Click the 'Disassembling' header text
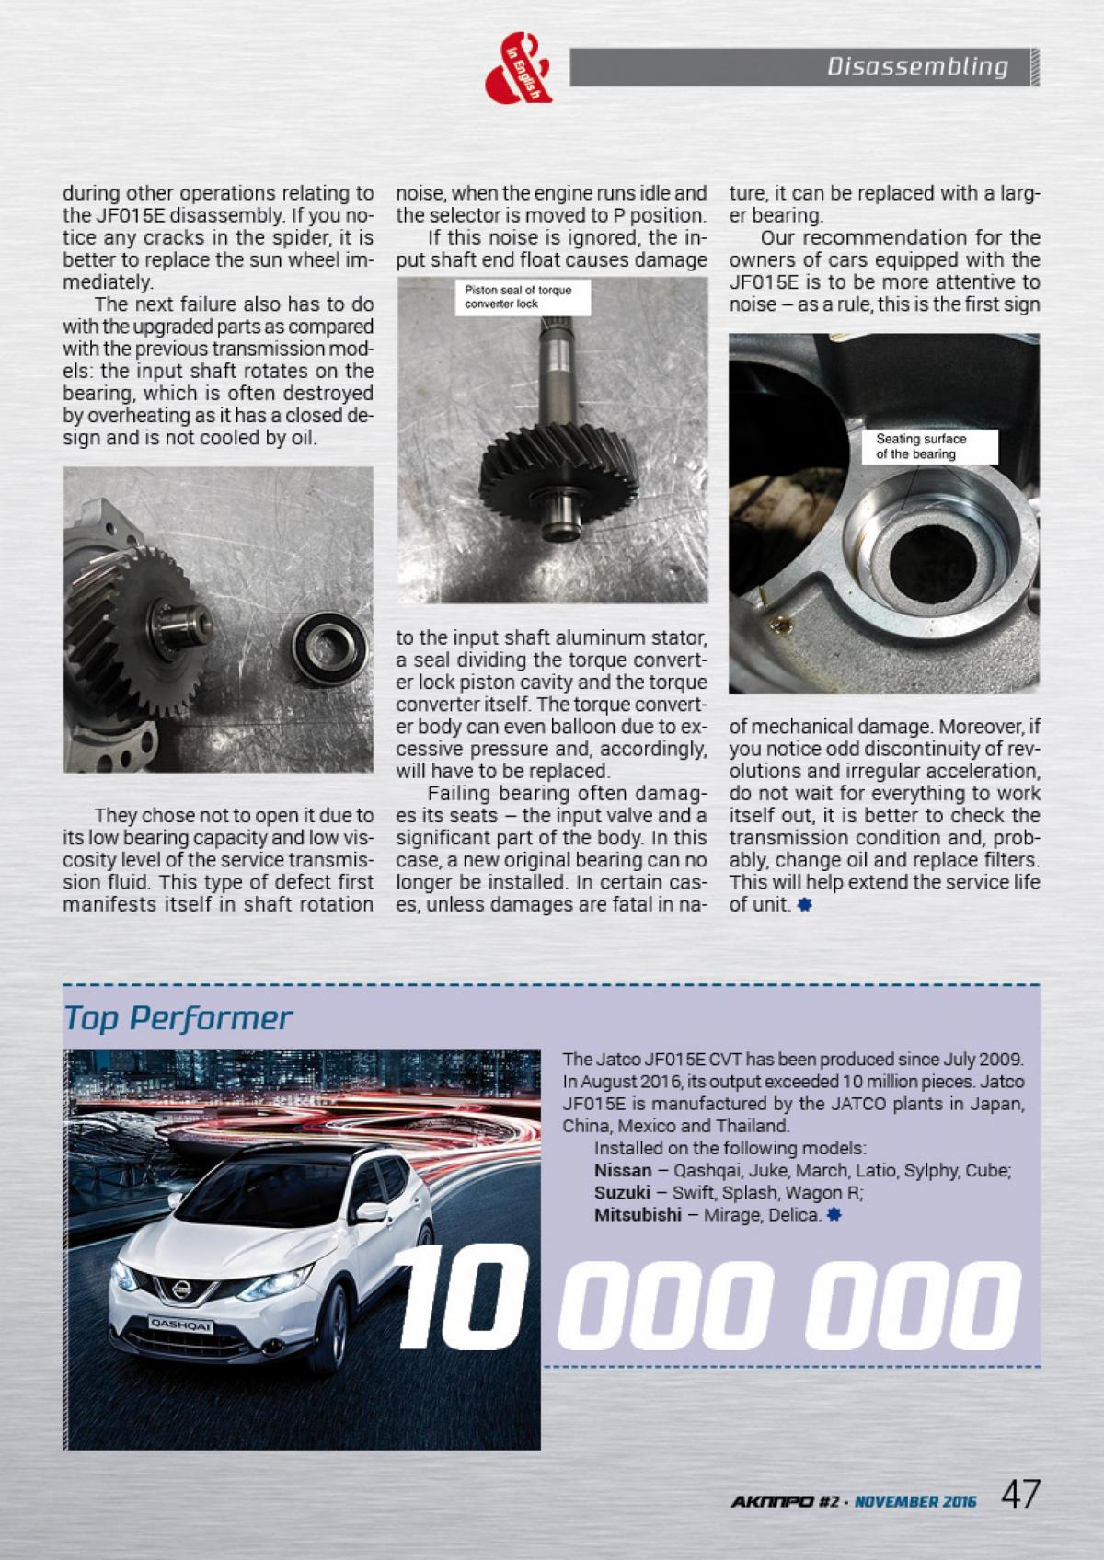click(x=916, y=67)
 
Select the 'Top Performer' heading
click(x=178, y=1018)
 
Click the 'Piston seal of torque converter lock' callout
click(x=518, y=296)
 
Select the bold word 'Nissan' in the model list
click(x=623, y=1171)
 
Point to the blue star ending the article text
click(x=805, y=905)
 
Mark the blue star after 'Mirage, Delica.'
click(x=834, y=1215)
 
